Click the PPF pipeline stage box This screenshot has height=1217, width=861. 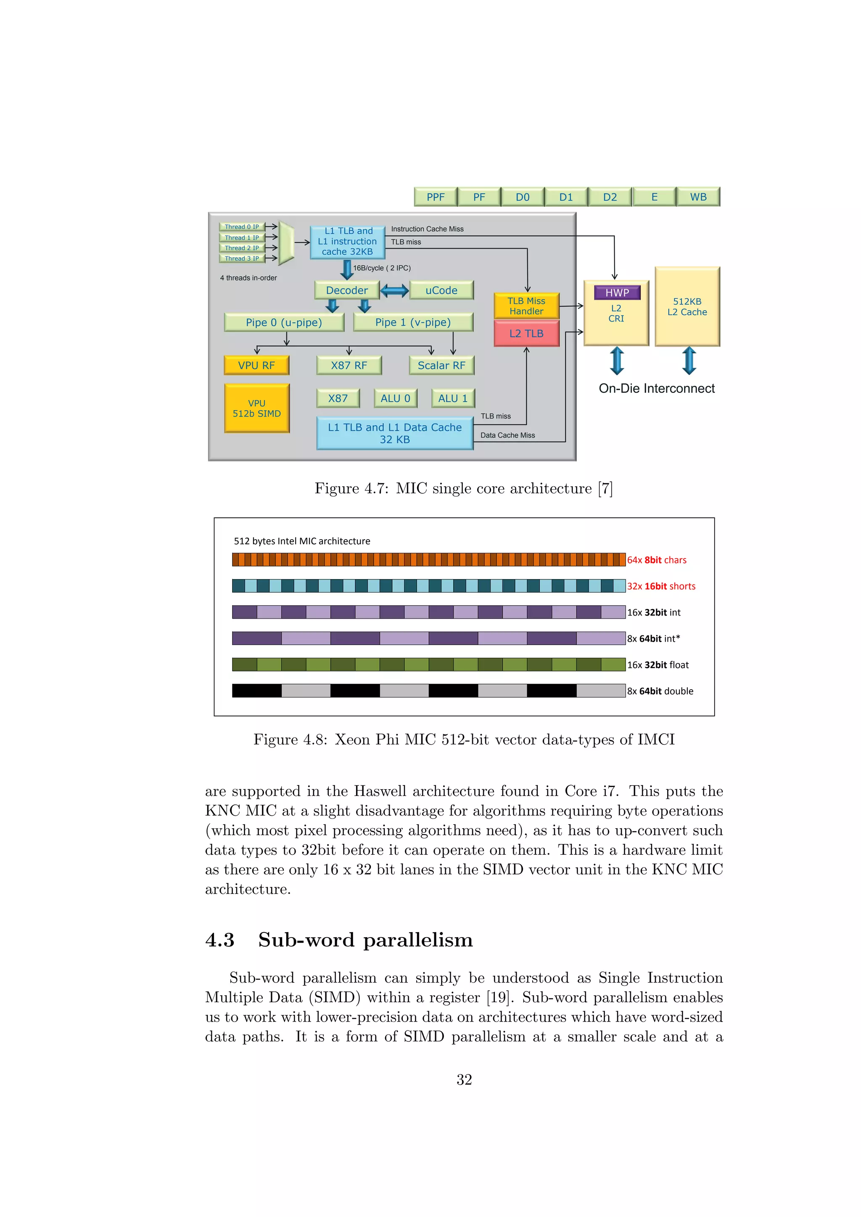click(x=435, y=197)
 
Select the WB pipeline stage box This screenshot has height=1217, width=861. click(x=698, y=197)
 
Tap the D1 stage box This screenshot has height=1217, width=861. click(x=566, y=197)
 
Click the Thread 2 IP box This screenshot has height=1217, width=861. click(x=242, y=248)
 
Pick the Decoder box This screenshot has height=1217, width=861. click(x=347, y=290)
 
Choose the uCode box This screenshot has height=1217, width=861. click(x=441, y=290)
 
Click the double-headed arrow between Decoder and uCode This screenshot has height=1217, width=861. click(x=394, y=290)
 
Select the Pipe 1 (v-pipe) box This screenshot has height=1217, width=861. click(x=413, y=322)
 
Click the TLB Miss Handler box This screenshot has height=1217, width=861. click(x=526, y=306)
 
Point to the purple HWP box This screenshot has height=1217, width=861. click(x=617, y=292)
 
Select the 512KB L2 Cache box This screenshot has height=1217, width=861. click(x=687, y=307)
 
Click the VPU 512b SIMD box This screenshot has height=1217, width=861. click(x=256, y=408)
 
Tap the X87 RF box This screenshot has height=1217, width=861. click(x=349, y=366)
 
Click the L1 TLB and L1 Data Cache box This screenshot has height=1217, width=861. click(x=394, y=434)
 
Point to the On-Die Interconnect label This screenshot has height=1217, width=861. click(x=656, y=389)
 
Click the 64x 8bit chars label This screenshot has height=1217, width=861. click(x=656, y=560)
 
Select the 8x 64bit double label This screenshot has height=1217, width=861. click(x=660, y=691)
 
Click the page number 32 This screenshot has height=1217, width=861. click(x=464, y=1080)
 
